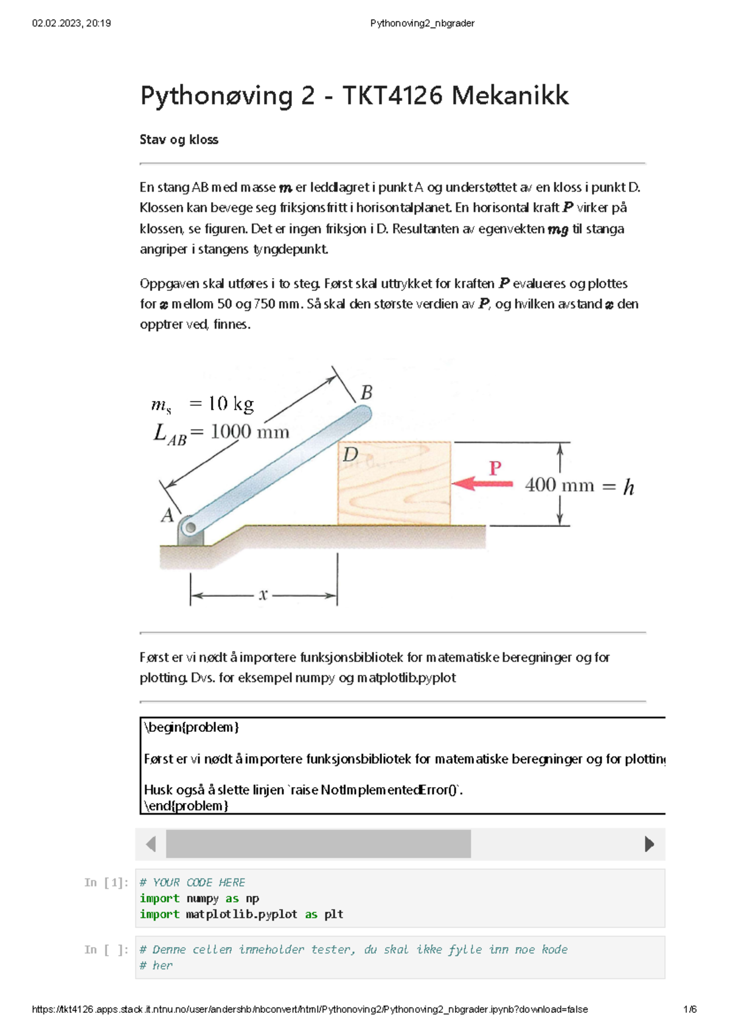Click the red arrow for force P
click(482, 484)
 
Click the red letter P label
click(495, 468)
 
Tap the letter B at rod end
click(366, 393)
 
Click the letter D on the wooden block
click(350, 454)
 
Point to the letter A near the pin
click(167, 516)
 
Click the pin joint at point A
click(189, 526)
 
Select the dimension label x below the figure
click(263, 595)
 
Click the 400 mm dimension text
click(559, 485)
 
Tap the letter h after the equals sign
click(628, 487)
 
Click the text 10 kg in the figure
click(231, 404)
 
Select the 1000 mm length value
click(249, 432)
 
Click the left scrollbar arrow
click(151, 844)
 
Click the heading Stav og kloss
click(179, 139)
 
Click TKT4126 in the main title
click(392, 96)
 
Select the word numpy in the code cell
click(202, 899)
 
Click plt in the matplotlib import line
click(333, 914)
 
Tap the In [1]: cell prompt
click(106, 882)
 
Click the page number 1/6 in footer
click(690, 1009)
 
